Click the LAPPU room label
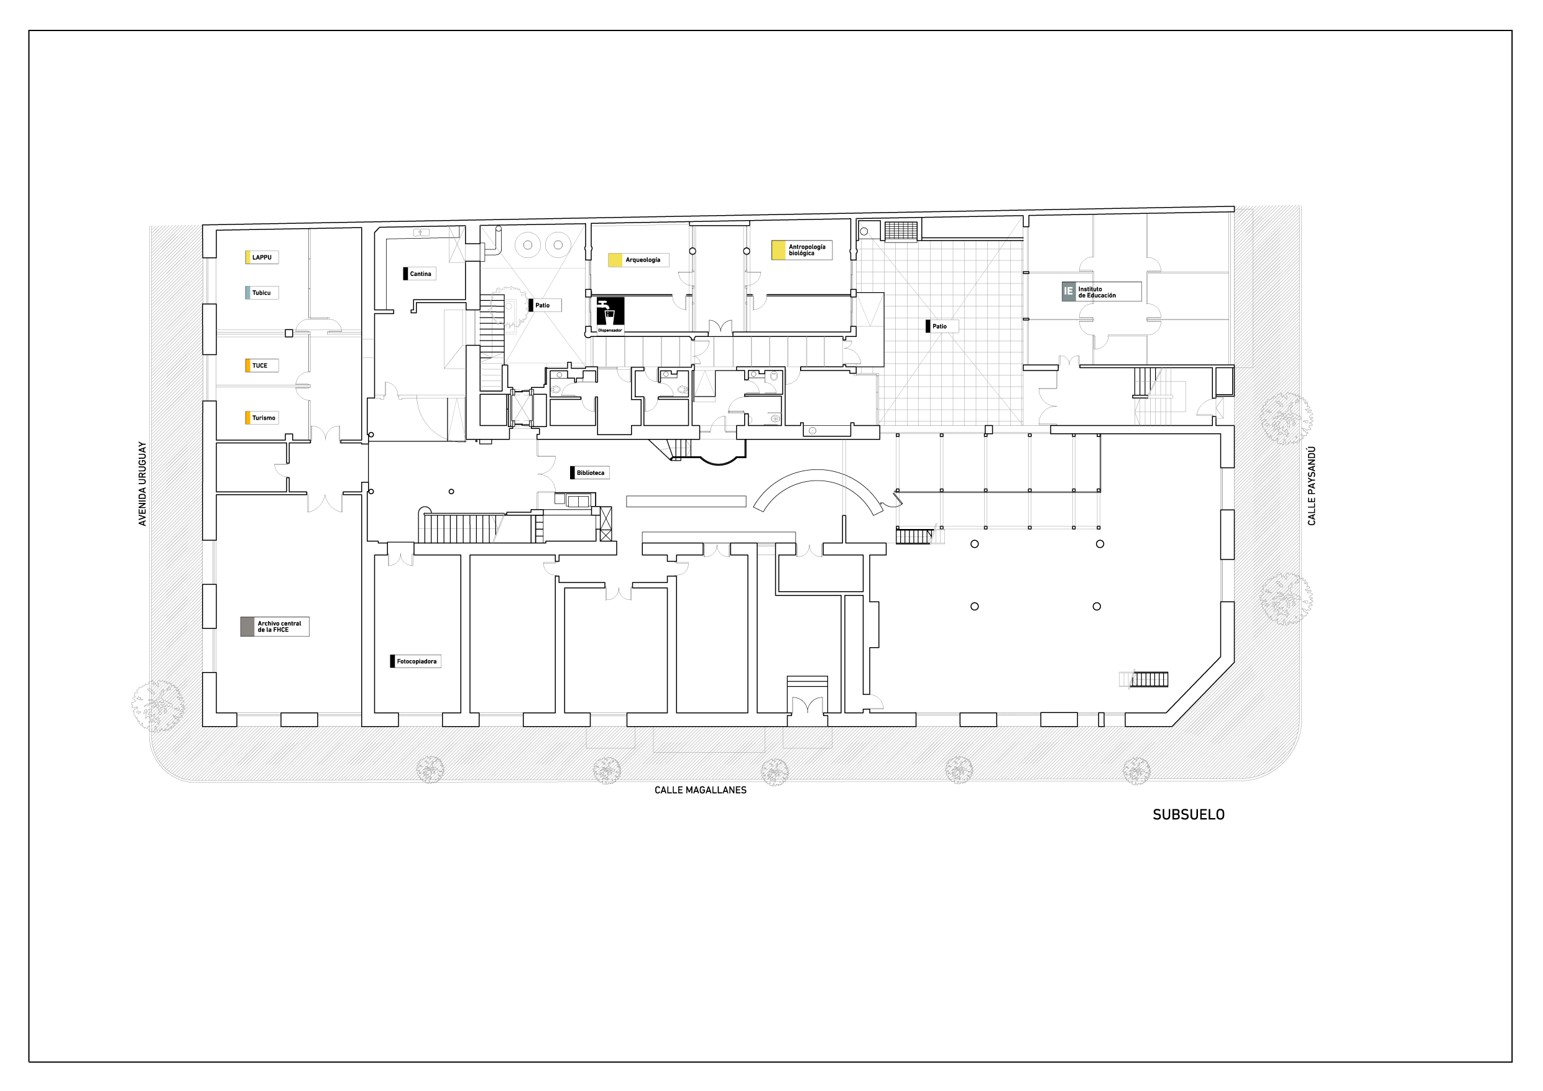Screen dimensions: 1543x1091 click(x=262, y=257)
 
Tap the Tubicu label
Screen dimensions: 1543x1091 click(x=262, y=293)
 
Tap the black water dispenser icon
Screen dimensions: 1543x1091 click(x=610, y=315)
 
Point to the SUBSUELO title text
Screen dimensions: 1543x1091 click(x=1188, y=815)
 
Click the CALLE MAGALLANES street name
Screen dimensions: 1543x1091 click(x=700, y=790)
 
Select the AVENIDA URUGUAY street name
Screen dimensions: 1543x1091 click(x=142, y=484)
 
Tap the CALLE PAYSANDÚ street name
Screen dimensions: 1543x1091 click(x=1312, y=486)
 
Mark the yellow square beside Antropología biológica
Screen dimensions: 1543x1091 click(x=778, y=250)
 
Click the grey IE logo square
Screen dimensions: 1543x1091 click(x=1069, y=292)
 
